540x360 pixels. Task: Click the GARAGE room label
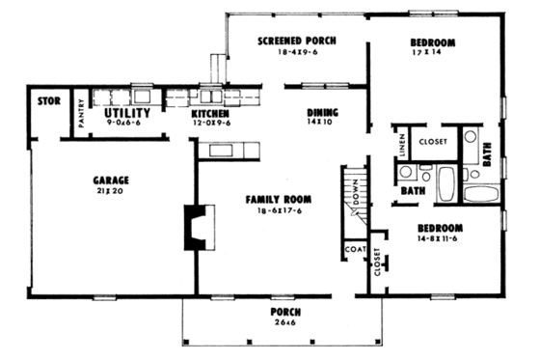pos(111,180)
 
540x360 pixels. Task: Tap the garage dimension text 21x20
pos(111,192)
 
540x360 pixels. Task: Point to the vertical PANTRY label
pos(81,117)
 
